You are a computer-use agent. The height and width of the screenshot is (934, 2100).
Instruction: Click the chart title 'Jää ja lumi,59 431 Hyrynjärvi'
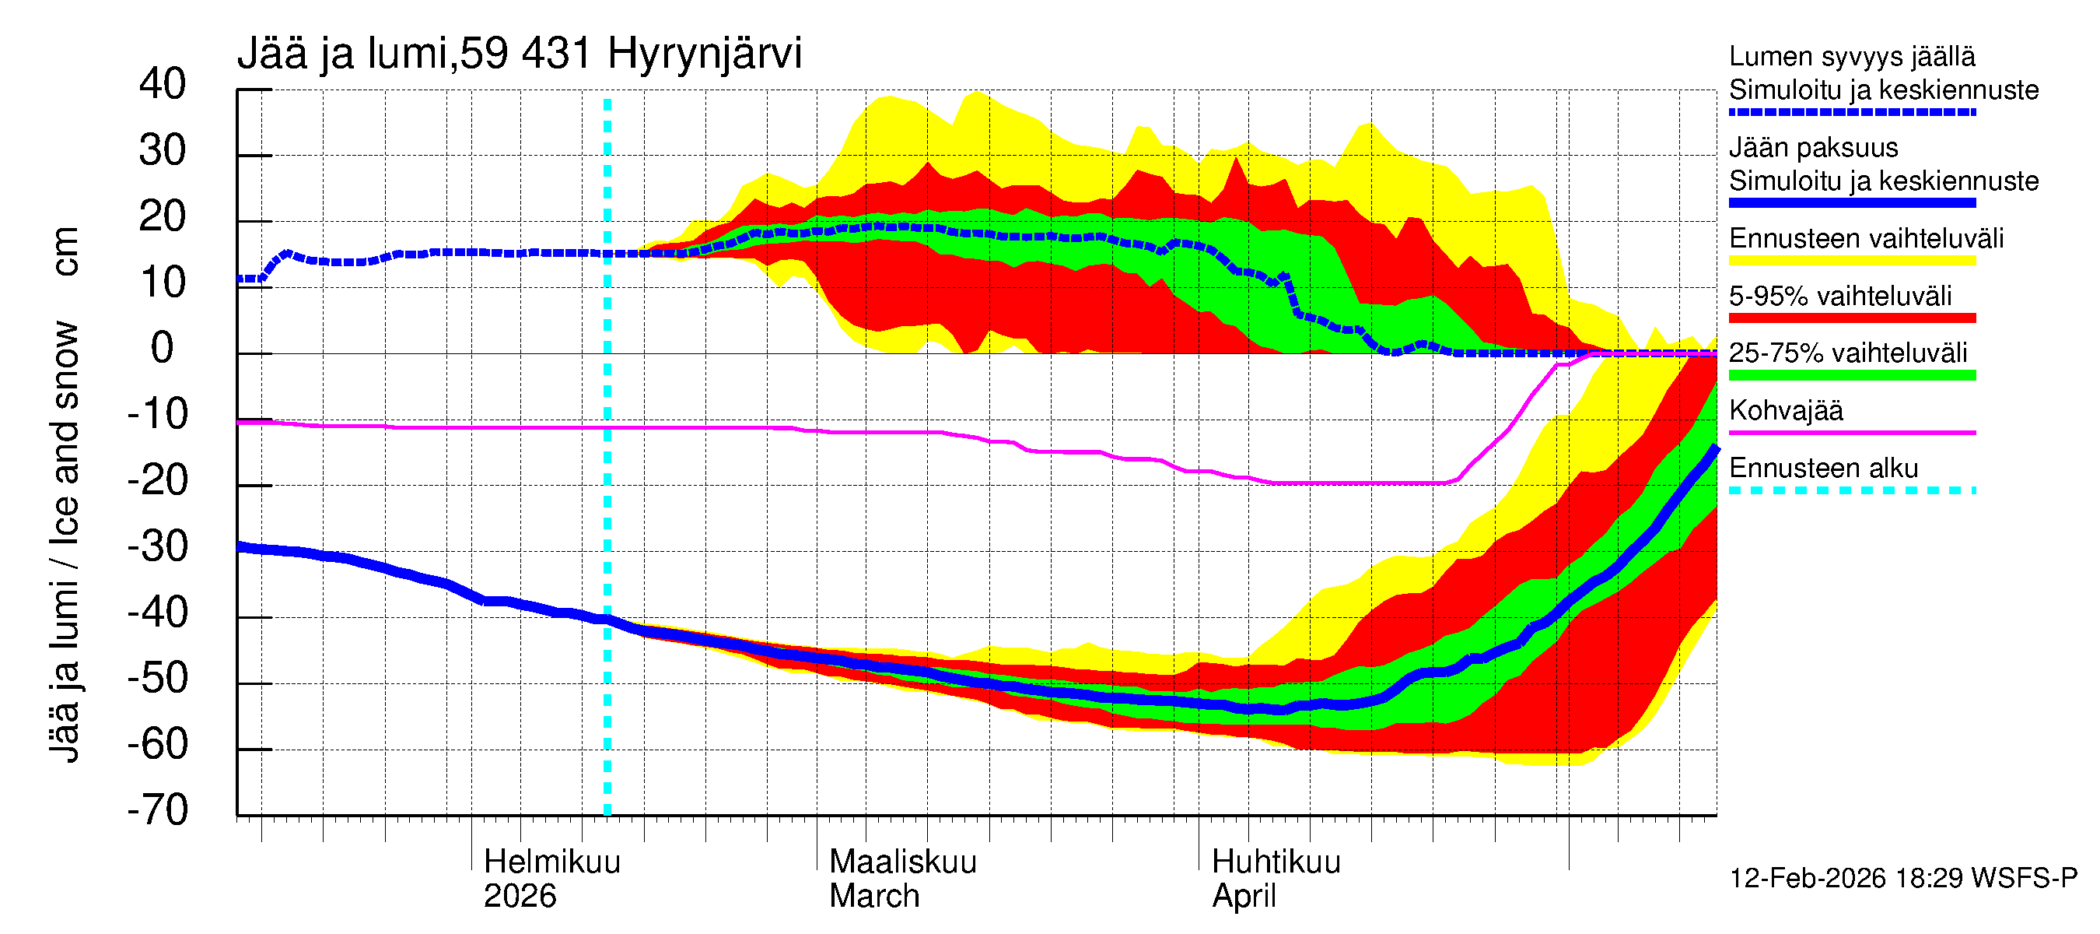coord(520,54)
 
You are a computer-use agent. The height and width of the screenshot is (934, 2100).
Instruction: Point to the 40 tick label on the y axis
coord(163,84)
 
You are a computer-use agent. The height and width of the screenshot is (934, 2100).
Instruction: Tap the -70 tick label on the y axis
coord(157,810)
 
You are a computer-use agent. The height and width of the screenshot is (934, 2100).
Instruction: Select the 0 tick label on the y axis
coord(163,349)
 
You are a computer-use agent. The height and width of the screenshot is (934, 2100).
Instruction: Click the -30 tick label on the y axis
coord(157,546)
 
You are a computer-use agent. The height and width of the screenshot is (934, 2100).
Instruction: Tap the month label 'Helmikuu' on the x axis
coord(552,862)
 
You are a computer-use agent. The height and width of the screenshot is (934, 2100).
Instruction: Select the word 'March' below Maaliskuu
coord(874,896)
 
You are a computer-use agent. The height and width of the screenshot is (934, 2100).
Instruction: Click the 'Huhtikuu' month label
coord(1276,862)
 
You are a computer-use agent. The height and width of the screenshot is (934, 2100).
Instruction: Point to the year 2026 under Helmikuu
coord(520,896)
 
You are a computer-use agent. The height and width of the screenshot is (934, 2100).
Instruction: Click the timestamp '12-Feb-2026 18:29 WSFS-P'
coord(1902,878)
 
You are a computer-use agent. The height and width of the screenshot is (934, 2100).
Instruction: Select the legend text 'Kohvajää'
coord(1785,410)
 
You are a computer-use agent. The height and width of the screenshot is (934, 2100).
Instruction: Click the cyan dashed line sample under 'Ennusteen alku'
coord(1851,490)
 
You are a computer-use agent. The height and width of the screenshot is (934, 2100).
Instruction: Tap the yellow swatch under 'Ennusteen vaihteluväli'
coord(1851,261)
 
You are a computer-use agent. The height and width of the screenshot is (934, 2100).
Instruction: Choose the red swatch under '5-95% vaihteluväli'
coord(1851,318)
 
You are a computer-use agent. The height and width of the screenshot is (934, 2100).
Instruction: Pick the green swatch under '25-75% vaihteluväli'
coord(1851,375)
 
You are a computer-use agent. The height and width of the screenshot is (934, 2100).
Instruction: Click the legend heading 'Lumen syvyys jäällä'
coord(1851,56)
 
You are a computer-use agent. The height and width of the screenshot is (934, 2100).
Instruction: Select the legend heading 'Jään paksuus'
coord(1813,148)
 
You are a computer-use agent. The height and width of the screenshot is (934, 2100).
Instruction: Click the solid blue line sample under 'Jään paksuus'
coord(1851,203)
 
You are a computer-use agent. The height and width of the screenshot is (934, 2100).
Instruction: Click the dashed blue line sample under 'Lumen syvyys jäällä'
coord(1851,113)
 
